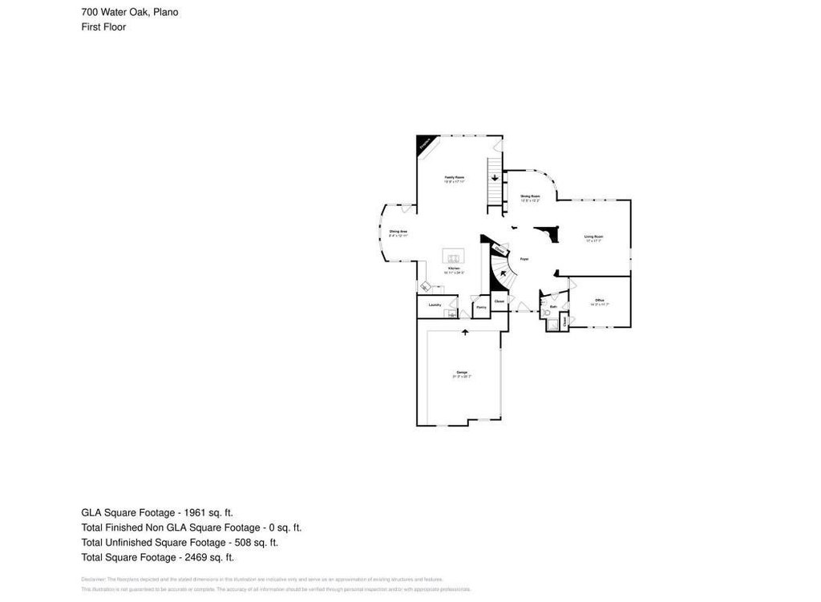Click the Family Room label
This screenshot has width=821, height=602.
coord(455,176)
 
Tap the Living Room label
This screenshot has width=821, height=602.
coord(593,236)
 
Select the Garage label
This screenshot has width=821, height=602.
coord(462,373)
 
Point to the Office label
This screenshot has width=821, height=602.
coord(599,300)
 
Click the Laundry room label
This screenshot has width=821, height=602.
coord(435,305)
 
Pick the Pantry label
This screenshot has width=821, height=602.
coord(481,307)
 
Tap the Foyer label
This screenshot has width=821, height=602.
coord(524,259)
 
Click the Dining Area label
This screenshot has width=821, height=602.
coord(398,232)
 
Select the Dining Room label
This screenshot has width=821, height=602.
coord(530,196)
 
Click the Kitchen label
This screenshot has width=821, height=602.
coord(454,269)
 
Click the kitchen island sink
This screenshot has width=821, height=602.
coord(453,257)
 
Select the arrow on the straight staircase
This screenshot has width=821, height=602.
coord(495,178)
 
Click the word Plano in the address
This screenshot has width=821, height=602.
coord(166,12)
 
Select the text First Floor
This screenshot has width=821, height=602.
coord(103,26)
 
